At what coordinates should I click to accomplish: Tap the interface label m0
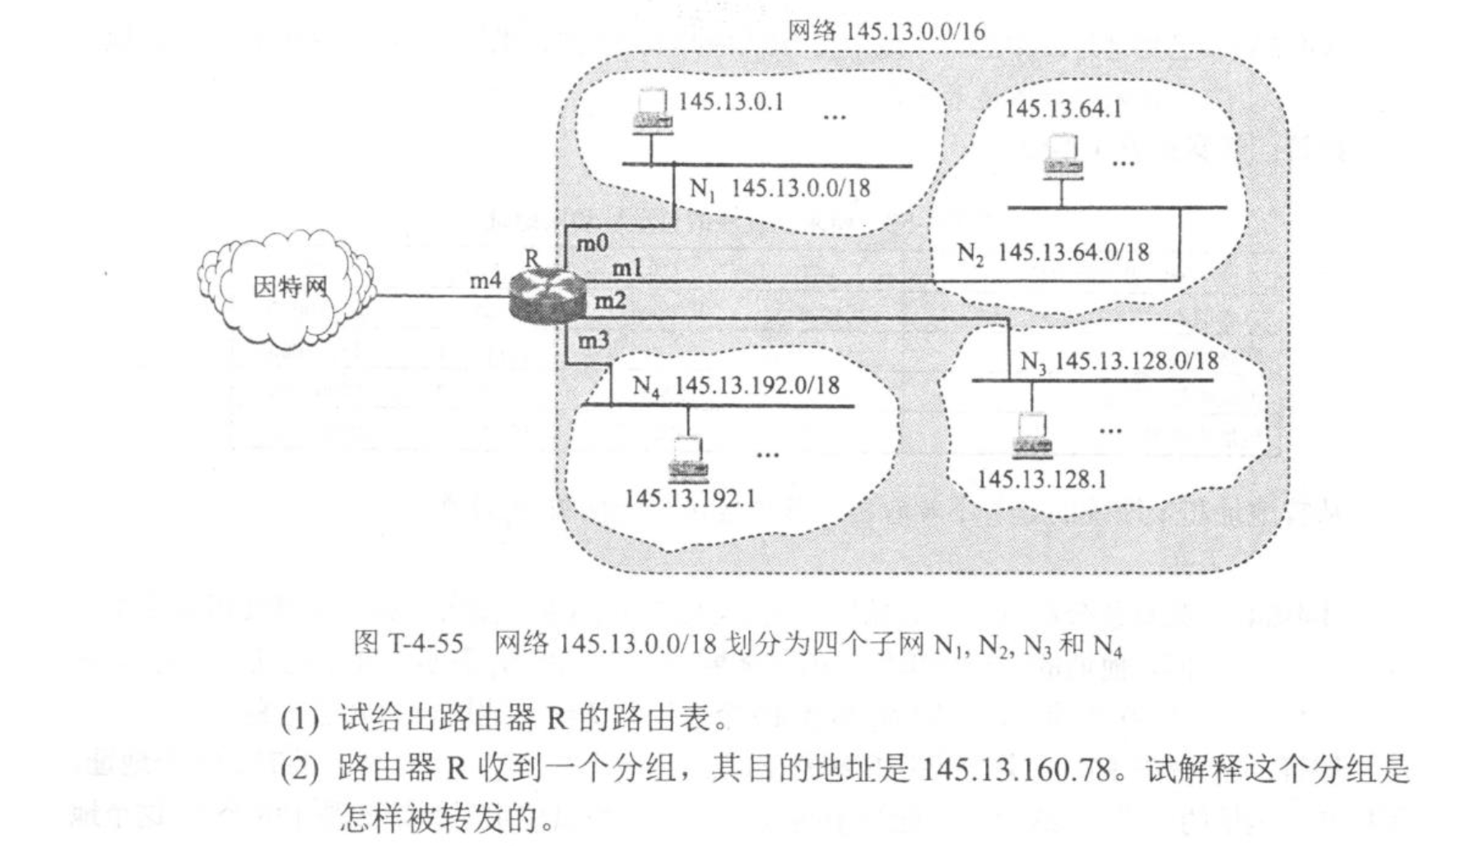coord(593,243)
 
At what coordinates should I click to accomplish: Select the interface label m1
coord(626,267)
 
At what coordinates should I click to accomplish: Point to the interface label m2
coord(610,301)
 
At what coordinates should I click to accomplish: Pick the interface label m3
coord(593,339)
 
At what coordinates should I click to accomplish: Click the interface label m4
coord(485,281)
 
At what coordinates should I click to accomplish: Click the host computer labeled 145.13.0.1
coord(652,111)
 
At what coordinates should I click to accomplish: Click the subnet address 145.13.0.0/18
coord(800,188)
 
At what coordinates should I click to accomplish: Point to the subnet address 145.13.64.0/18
coord(1073,252)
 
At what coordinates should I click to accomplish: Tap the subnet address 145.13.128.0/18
coord(1137,360)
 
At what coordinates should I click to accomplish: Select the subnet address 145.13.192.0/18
coord(756,385)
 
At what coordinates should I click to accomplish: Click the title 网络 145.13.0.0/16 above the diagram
coord(886,31)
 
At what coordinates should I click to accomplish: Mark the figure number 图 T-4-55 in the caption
coord(408,643)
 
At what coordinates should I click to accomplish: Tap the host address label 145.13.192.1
coord(690,499)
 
